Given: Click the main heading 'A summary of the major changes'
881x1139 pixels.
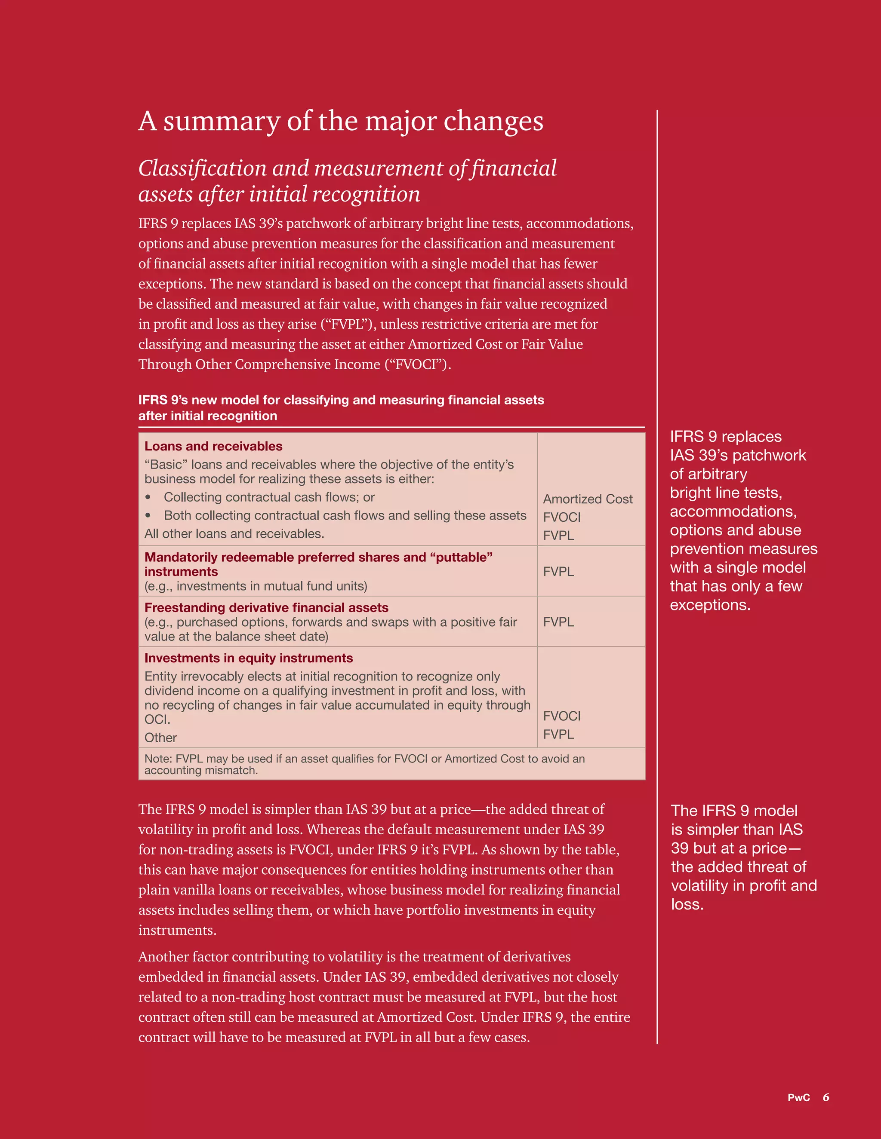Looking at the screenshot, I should point(340,121).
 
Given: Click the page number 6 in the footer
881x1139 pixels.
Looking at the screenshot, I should point(826,1097).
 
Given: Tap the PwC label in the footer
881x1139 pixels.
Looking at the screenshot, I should point(798,1097).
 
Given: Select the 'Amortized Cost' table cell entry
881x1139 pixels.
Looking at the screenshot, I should point(588,499).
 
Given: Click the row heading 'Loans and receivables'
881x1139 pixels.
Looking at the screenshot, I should point(213,447).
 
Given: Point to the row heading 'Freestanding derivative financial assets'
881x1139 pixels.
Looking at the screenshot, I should point(266,608).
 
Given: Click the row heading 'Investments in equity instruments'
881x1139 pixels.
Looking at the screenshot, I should point(249,658).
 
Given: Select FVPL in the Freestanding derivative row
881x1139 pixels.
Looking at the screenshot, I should point(558,622).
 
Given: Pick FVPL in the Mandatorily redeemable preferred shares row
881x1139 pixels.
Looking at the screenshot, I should point(558,572).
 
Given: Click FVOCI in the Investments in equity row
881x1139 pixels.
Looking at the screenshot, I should point(561,716).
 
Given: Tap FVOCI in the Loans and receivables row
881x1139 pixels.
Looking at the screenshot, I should point(561,517).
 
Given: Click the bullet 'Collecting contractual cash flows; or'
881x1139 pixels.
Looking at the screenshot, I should point(269,498).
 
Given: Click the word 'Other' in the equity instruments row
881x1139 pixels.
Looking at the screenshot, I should point(160,738).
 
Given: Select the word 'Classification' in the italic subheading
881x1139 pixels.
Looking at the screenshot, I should point(203,168).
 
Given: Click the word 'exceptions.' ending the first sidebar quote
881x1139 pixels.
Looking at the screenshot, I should point(710,605).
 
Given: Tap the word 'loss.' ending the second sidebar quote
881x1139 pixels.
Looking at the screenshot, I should point(687,904).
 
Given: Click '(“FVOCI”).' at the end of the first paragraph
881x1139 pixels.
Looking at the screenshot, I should point(418,364).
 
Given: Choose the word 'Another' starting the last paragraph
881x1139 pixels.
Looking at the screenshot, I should point(163,957).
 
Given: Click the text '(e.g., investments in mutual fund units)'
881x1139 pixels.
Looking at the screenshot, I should point(256,586).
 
